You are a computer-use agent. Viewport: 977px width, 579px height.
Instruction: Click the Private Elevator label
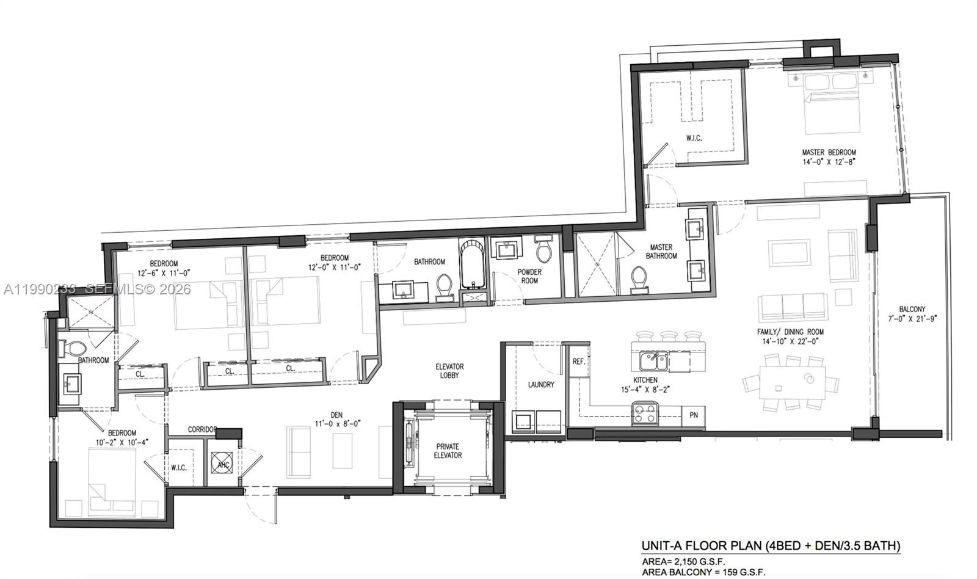pyautogui.click(x=448, y=451)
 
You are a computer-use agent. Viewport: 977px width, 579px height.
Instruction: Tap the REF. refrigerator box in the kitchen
pyautogui.click(x=578, y=362)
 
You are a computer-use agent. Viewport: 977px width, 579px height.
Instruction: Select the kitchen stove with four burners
pyautogui.click(x=645, y=413)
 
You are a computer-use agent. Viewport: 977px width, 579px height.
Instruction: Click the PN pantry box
pyautogui.click(x=694, y=415)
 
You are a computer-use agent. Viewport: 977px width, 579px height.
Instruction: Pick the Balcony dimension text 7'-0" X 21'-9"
pyautogui.click(x=912, y=318)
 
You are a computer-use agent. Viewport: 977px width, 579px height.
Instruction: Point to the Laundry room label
pyautogui.click(x=541, y=384)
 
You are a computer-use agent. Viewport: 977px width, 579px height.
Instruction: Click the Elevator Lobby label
pyautogui.click(x=449, y=371)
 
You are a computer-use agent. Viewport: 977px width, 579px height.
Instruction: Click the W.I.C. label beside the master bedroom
pyautogui.click(x=694, y=138)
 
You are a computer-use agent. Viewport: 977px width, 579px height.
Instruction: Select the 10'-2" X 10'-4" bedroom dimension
pyautogui.click(x=122, y=442)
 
